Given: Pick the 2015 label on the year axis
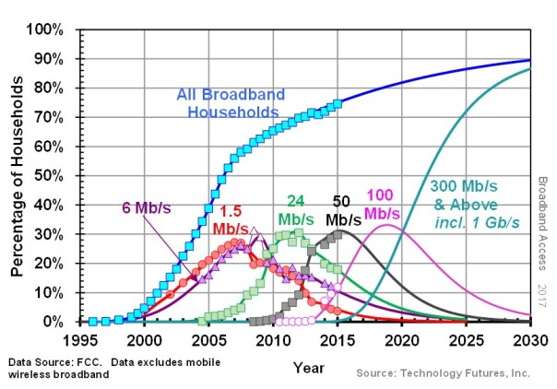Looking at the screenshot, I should pos(338,338).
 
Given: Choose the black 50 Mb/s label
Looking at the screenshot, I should pos(343,211).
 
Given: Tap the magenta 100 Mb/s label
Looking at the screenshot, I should pos(382,205).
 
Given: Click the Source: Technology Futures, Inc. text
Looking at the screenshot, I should pos(444,372).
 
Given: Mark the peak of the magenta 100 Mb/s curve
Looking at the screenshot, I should pos(387,225).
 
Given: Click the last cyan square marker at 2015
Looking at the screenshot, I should pos(338,103).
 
